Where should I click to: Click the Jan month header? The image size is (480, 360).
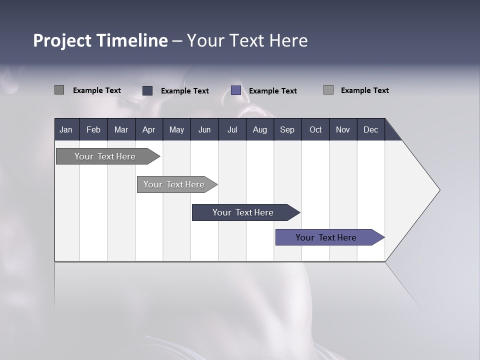66,129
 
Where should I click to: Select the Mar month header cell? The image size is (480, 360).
121,129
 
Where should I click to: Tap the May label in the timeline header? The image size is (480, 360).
176,129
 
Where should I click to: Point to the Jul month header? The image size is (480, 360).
232,129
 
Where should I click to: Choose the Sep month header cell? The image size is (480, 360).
287,129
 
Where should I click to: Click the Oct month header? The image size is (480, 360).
315,129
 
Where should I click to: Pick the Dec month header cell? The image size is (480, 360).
370,129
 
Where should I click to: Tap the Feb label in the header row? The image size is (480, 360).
93,129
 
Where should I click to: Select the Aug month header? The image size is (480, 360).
259,129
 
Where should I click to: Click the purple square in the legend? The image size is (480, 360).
236,90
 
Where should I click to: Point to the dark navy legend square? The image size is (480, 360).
147,90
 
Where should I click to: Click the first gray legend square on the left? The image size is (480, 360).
59,90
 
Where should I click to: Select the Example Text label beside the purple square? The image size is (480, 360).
272,91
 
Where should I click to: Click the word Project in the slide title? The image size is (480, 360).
62,40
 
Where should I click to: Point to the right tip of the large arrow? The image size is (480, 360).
439,190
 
